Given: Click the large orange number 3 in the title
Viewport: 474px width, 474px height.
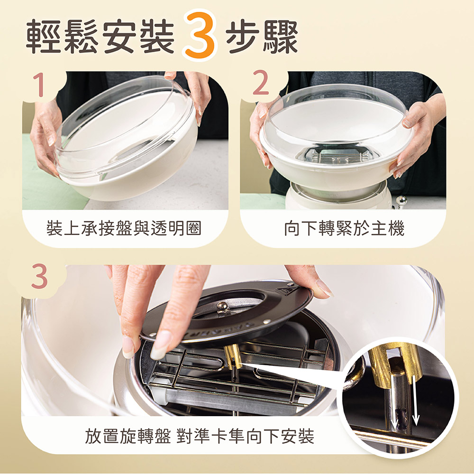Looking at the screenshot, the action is point(200,35).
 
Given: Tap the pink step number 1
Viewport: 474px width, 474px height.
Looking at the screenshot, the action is point(40,85).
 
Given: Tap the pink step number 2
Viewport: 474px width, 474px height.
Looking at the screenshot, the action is point(260,82).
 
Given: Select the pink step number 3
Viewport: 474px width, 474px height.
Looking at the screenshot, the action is point(39,276).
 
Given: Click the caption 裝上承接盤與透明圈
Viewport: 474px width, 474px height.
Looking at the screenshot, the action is point(124,228).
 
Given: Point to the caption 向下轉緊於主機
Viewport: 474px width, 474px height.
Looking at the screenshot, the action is point(344,228).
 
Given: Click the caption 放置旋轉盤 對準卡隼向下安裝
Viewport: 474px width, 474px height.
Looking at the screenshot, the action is point(200,436).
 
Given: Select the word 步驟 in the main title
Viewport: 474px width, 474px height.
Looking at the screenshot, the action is point(262,36).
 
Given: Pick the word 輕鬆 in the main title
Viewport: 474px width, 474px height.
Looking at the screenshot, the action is point(62,36).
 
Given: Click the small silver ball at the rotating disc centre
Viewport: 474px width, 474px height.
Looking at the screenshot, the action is point(223,306).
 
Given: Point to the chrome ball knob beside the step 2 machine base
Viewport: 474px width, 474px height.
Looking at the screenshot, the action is point(401,201).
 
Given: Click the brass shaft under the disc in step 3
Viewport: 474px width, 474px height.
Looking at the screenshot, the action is point(233,357).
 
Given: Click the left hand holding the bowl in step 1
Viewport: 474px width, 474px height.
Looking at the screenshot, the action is point(46,136).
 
